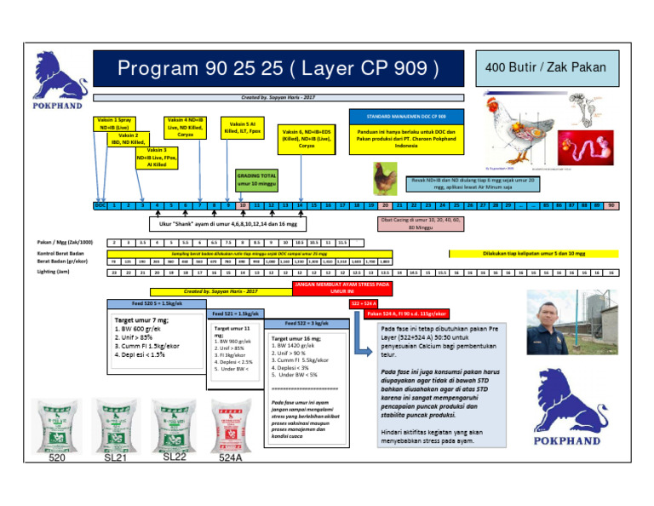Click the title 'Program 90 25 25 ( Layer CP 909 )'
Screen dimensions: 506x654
coord(279,67)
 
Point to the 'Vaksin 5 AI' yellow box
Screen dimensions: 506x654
coord(238,128)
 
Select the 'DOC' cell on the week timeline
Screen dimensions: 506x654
coord(100,205)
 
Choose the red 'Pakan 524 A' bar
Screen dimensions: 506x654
coord(408,313)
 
